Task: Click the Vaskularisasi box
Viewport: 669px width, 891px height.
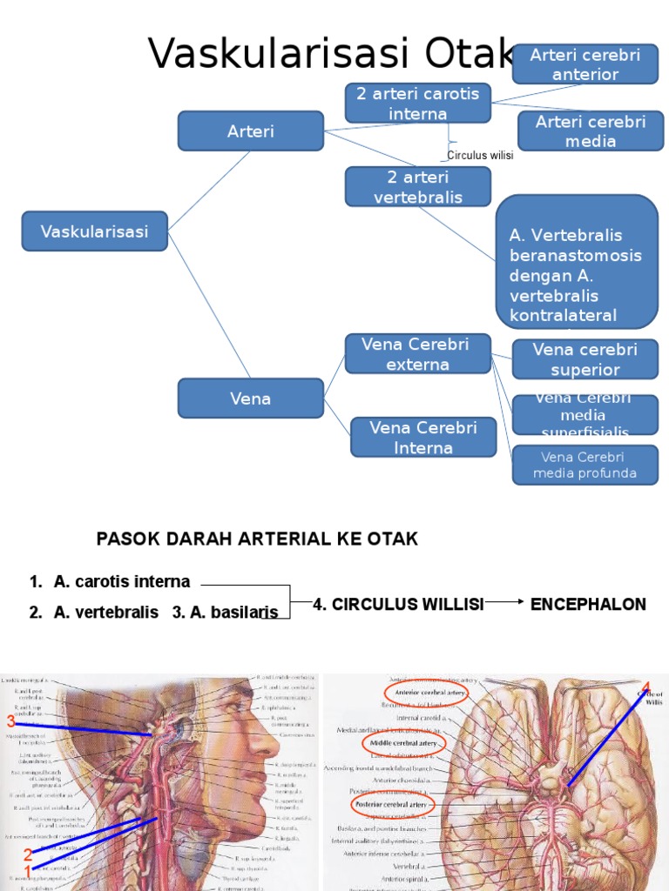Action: pyautogui.click(x=94, y=231)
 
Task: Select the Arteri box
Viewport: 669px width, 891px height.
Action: pyautogui.click(x=251, y=131)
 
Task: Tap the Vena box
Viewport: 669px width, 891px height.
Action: pyautogui.click(x=251, y=399)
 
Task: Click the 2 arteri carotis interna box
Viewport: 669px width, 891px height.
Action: pyautogui.click(x=418, y=104)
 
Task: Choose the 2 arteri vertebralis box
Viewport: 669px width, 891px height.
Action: pyautogui.click(x=418, y=187)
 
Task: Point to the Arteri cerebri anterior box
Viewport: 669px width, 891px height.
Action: pyautogui.click(x=585, y=65)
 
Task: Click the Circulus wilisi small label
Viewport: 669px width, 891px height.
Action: pyautogui.click(x=480, y=156)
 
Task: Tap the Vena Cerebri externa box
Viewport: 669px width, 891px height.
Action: pyautogui.click(x=418, y=354)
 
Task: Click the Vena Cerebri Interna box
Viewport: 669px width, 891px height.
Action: pyautogui.click(x=423, y=437)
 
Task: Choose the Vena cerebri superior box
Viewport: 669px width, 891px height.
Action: pyautogui.click(x=585, y=359)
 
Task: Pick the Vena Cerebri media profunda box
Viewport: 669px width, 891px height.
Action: pyautogui.click(x=585, y=466)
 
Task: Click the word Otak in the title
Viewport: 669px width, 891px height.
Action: pyautogui.click(x=470, y=54)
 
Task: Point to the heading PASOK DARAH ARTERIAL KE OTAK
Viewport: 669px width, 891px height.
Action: pyautogui.click(x=257, y=539)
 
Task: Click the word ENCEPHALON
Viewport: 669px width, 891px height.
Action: pyautogui.click(x=588, y=604)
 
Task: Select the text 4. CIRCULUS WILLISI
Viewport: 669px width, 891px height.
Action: pyautogui.click(x=398, y=604)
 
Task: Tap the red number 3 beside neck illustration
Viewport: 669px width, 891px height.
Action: pyautogui.click(x=11, y=720)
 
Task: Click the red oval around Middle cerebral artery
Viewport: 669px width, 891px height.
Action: pyautogui.click(x=403, y=745)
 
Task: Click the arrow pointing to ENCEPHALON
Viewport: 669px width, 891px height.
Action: pyautogui.click(x=505, y=602)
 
